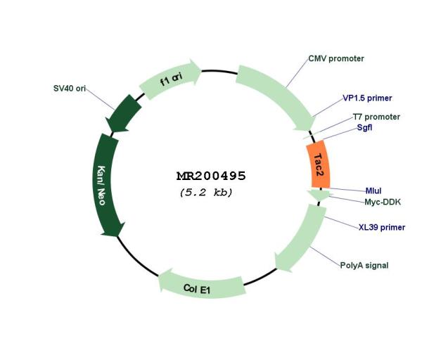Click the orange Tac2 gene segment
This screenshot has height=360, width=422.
pos(319,164)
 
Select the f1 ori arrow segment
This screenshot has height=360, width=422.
pos(170,79)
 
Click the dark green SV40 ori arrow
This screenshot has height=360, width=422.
pos(124,113)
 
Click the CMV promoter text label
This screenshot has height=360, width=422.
pos(336,58)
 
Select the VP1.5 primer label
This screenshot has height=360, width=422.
pos(367,98)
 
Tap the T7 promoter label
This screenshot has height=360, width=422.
pos(376,117)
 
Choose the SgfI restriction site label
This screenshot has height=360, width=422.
pos(364,127)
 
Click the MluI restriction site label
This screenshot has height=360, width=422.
pos(373,191)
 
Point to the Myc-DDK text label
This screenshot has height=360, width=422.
pos(383,202)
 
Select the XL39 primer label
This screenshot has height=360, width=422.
pos(382,227)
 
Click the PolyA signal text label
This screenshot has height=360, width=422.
pos(364,265)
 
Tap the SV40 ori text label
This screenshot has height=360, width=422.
pos(70,89)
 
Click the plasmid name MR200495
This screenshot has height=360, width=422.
pos(211,176)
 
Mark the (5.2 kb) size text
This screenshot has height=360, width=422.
pos(206,193)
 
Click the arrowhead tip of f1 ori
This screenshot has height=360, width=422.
pos(202,70)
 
